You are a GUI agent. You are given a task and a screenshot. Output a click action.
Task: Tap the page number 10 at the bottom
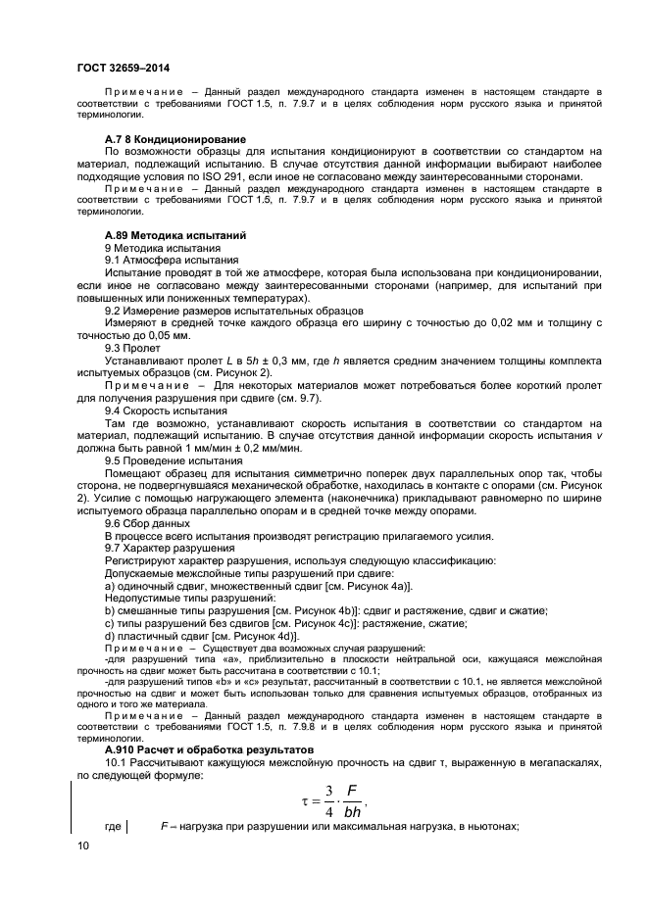[x=81, y=844]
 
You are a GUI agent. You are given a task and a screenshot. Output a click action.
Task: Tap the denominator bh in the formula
[x=353, y=812]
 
